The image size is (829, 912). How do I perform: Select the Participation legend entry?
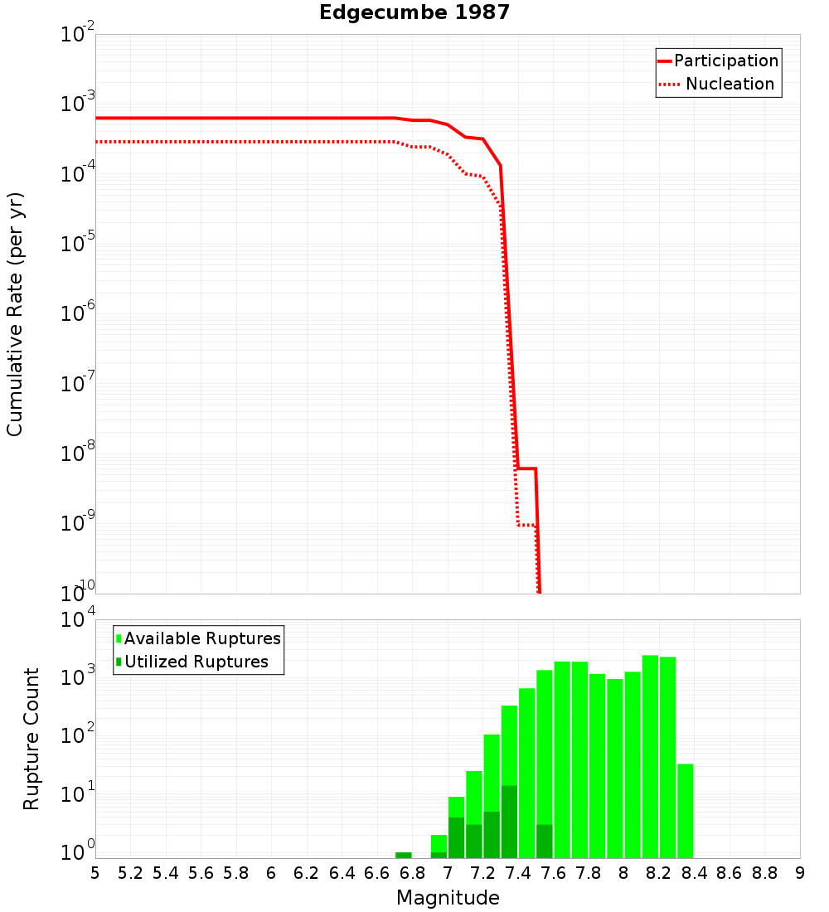coord(726,61)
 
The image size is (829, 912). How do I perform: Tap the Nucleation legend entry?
coord(730,85)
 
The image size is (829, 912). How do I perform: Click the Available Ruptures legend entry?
coord(202,639)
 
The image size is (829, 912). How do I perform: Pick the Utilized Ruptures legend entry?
coord(196,662)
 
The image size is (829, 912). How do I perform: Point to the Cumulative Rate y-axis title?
coord(16,315)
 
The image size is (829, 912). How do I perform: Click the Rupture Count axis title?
coord(32,739)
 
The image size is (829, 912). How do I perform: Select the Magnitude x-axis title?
coord(448,898)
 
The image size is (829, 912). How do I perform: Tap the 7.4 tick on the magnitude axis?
coord(518,873)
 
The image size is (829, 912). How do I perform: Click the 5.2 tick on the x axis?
coord(130,873)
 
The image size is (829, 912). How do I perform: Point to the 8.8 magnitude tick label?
coord(764,873)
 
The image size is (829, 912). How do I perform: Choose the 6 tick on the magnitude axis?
coord(271,873)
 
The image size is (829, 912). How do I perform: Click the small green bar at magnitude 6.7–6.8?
coord(404,855)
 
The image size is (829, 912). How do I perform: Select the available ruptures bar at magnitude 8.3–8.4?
coord(685,811)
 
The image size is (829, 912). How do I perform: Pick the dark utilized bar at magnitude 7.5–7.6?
coord(545,841)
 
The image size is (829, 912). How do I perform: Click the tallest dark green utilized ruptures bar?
coord(510,822)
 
